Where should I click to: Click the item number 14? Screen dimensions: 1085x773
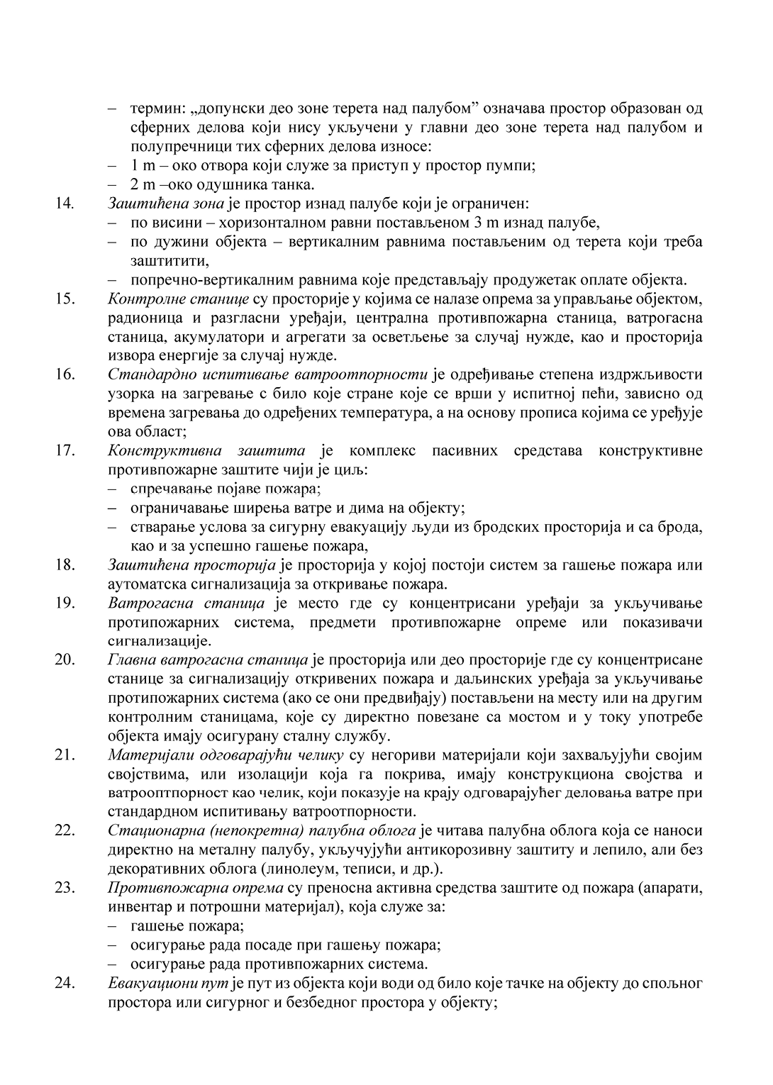(x=65, y=204)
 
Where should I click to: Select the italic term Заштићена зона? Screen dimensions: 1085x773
(x=166, y=204)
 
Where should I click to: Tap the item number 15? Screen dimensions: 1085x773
(x=65, y=297)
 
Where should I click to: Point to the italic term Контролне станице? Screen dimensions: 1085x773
(x=178, y=297)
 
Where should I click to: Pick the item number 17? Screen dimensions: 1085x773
(x=65, y=450)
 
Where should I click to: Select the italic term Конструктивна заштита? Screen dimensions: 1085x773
(x=206, y=450)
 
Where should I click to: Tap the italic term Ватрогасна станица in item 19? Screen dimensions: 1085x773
(x=186, y=603)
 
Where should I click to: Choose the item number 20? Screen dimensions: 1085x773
(x=65, y=660)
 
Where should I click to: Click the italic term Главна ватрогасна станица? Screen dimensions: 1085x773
(x=208, y=660)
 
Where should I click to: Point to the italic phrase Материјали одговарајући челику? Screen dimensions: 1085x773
(x=226, y=754)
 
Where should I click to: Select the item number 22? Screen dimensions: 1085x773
(x=65, y=830)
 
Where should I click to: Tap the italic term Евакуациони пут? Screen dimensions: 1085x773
(x=162, y=984)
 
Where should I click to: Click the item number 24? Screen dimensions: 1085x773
(x=65, y=984)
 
